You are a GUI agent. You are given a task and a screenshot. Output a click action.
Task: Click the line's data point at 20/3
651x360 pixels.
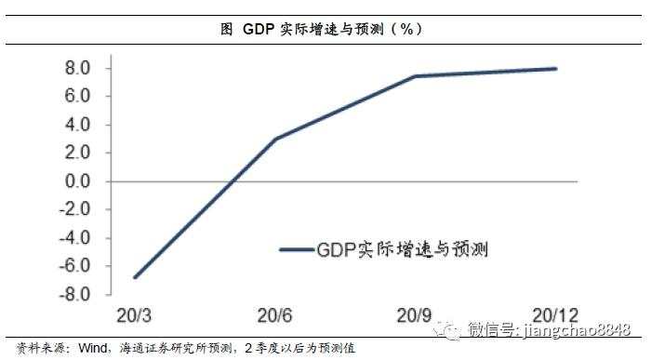136,277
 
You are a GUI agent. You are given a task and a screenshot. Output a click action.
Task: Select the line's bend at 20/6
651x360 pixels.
276,139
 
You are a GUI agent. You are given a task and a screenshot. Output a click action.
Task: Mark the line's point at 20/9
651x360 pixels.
416,76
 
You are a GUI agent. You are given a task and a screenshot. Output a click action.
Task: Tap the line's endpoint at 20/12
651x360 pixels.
555,68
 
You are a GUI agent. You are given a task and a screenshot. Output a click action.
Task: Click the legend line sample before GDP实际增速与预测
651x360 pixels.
297,249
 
